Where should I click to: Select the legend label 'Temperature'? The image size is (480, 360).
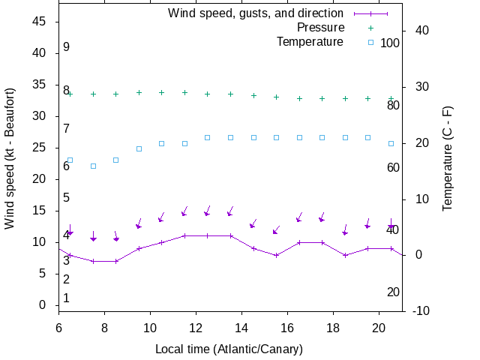[x=310, y=42]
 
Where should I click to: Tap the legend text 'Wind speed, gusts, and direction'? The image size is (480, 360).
[x=256, y=13]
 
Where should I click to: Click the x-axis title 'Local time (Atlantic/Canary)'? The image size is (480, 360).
[x=229, y=349]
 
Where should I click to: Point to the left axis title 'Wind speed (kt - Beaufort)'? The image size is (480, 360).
[x=10, y=160]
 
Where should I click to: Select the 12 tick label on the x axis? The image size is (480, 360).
[x=196, y=327]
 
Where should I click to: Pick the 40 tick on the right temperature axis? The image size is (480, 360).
[x=421, y=31]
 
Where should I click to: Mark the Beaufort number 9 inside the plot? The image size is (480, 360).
[x=66, y=47]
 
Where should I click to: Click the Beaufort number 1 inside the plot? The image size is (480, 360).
[x=66, y=298]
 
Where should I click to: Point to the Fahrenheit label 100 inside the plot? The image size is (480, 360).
[x=390, y=43]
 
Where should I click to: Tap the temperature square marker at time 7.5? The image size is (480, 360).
[x=93, y=166]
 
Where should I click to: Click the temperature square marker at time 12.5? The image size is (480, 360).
[x=208, y=137]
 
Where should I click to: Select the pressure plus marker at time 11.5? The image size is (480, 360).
[x=184, y=92]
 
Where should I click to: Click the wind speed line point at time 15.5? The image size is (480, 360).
[x=276, y=255]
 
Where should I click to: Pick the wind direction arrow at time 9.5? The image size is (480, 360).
[x=139, y=224]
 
